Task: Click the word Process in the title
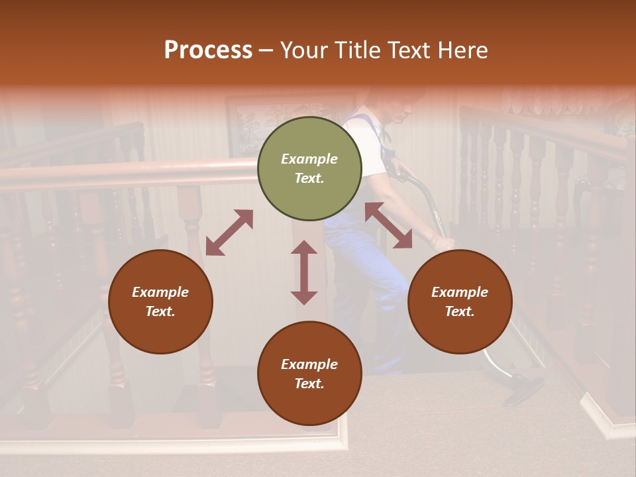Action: point(208,50)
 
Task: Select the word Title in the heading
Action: point(357,50)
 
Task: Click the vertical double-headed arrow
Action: point(304,272)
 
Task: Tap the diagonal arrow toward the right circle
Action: point(388,225)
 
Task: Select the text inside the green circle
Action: point(309,168)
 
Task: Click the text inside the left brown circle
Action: point(160,301)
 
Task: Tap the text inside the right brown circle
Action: point(460,301)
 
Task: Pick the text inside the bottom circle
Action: point(309,374)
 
